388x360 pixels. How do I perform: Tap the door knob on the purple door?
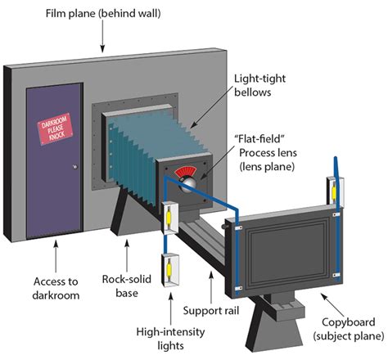[75, 167]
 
